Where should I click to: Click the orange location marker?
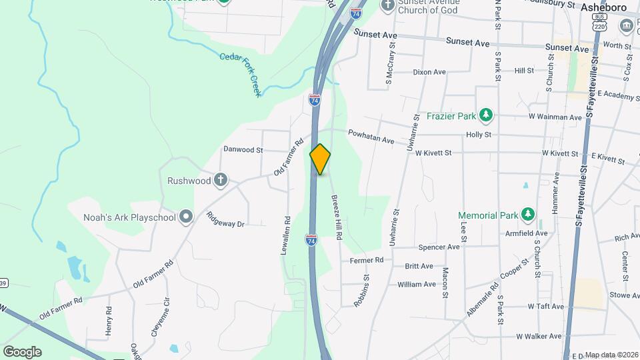pos(320,159)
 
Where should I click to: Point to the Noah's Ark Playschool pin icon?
pos(186,217)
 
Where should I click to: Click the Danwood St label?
pos(243,150)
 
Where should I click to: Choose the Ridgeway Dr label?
pos(226,220)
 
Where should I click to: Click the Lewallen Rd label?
pos(287,237)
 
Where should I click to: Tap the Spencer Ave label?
pos(439,247)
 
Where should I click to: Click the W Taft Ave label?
pos(545,307)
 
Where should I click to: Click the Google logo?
pos(22,351)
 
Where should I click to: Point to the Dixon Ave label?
pos(429,72)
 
